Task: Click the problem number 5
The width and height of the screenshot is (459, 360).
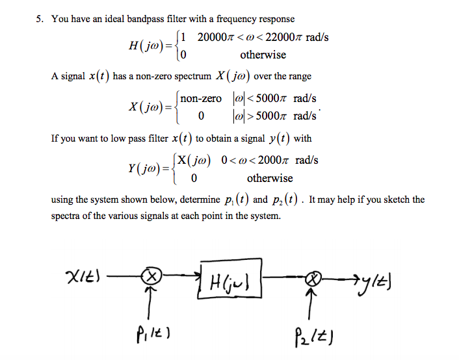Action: tap(39, 19)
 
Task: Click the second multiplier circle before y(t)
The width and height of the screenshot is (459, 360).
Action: tap(314, 279)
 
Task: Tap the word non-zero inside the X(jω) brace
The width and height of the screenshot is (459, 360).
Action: tap(202, 99)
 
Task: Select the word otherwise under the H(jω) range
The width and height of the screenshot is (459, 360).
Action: tap(263, 55)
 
